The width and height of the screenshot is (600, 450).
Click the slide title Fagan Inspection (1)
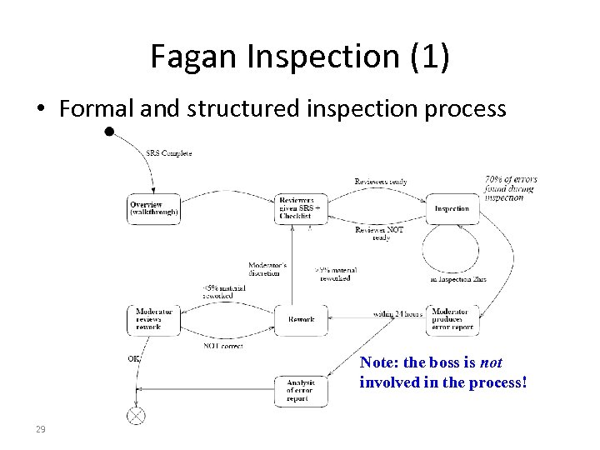coord(299,56)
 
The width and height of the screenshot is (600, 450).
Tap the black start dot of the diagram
coord(110,132)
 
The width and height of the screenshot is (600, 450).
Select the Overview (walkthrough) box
coord(153,208)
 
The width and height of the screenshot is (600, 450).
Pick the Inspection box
coord(452,208)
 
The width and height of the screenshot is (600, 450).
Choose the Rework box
coord(301,319)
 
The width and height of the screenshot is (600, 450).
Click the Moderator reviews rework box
coord(153,319)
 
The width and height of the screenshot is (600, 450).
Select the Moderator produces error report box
coord(453,319)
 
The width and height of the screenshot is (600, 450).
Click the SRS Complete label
coord(169,153)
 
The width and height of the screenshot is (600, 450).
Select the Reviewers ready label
coord(380,182)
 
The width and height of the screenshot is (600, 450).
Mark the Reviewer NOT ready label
coord(380,233)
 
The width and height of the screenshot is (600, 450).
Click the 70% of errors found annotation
coord(510,188)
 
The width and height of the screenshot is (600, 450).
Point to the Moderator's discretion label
coord(267,269)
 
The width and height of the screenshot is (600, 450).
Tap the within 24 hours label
coord(398,314)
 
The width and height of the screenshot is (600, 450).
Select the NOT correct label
coord(222,345)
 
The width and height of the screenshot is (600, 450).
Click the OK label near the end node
coord(133,358)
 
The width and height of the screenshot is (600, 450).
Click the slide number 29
coord(39,429)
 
